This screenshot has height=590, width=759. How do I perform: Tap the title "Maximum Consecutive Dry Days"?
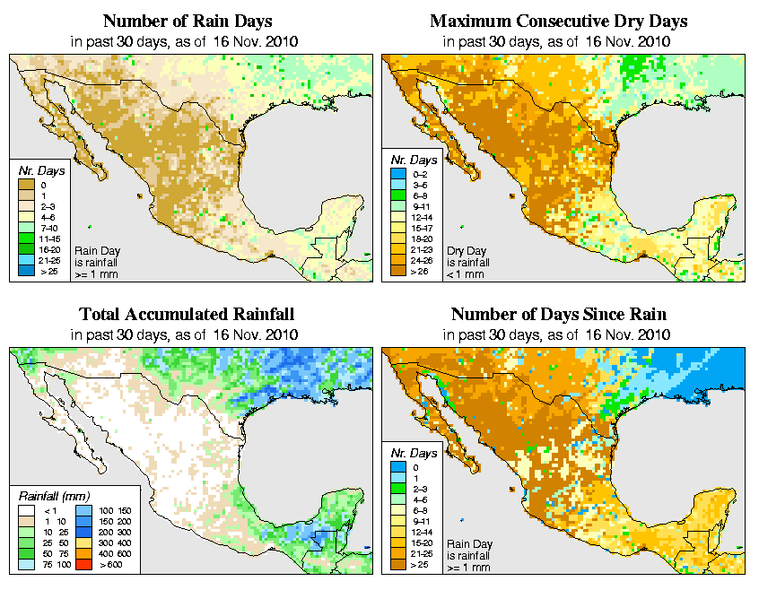558,21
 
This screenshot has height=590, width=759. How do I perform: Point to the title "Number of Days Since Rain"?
558,315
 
